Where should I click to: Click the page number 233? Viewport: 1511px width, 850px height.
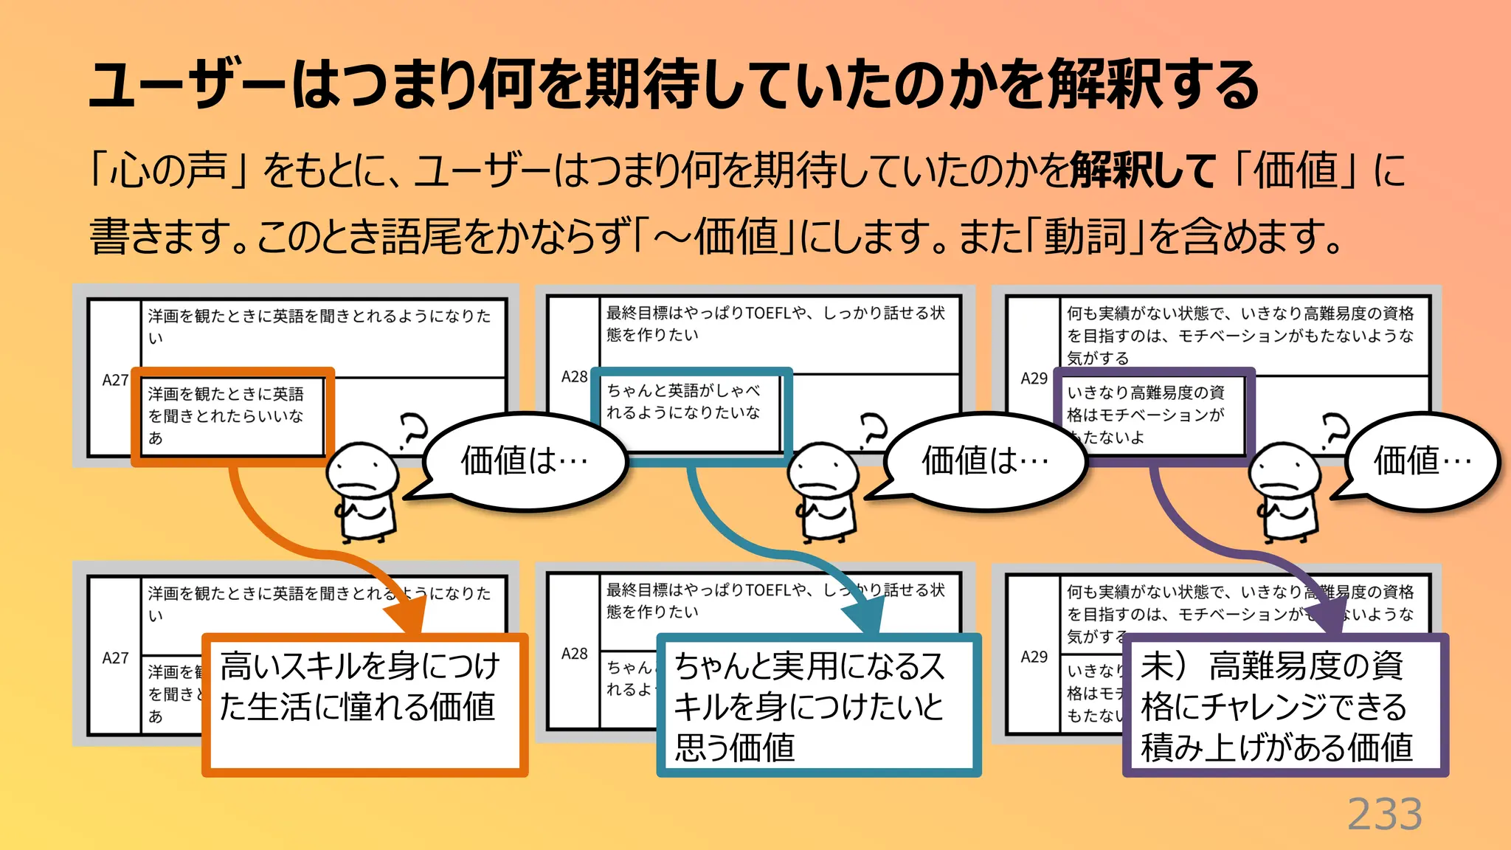(x=1384, y=815)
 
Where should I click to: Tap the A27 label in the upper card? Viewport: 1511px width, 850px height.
(x=115, y=381)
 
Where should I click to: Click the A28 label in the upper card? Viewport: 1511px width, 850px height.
(x=574, y=377)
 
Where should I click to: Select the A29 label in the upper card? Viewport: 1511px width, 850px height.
(x=1034, y=379)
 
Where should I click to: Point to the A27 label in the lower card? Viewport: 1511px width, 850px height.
(x=115, y=658)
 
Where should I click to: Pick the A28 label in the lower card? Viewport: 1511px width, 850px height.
(x=574, y=654)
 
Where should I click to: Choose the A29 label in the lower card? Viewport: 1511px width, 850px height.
(x=1034, y=657)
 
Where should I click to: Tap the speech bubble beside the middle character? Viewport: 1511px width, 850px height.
(x=985, y=461)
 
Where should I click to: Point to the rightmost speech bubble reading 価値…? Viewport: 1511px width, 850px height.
(x=1422, y=461)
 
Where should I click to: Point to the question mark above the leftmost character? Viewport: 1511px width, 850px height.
(x=413, y=431)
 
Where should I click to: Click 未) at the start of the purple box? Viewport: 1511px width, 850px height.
(x=1163, y=666)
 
